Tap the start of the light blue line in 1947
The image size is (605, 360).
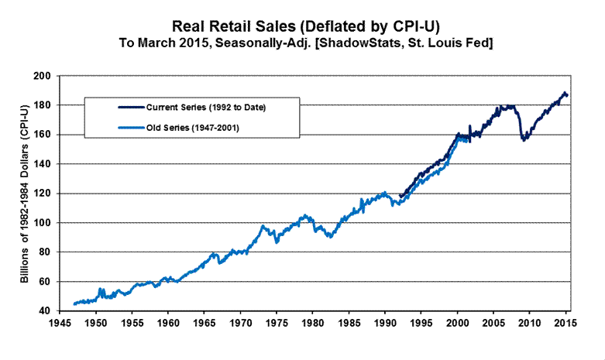74,303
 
